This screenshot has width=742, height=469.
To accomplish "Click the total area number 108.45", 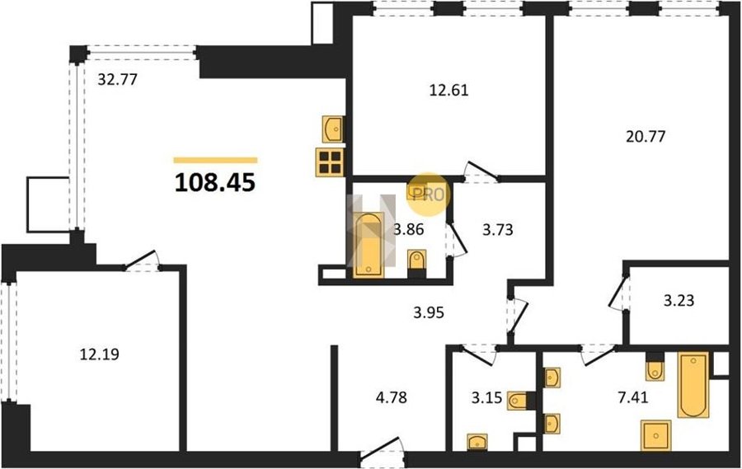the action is pyautogui.click(x=215, y=182).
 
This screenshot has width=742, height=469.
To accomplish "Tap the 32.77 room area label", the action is pyautogui.click(x=117, y=79).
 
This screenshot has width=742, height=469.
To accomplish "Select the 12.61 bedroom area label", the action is pyautogui.click(x=448, y=90).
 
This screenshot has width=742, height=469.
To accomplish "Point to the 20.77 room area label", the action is pyautogui.click(x=646, y=137).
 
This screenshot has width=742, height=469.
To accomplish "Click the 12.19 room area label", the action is pyautogui.click(x=100, y=354).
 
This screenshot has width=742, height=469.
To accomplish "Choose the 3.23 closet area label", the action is pyautogui.click(x=679, y=301).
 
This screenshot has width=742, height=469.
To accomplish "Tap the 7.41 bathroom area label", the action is pyautogui.click(x=632, y=397).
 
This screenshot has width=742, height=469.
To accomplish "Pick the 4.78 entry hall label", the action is pyautogui.click(x=392, y=397).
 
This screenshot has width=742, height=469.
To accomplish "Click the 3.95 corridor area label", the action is pyautogui.click(x=429, y=312).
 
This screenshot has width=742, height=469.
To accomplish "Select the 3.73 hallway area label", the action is pyautogui.click(x=498, y=230).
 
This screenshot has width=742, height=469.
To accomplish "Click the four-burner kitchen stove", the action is pyautogui.click(x=330, y=162).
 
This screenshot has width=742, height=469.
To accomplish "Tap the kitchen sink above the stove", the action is pyautogui.click(x=333, y=129).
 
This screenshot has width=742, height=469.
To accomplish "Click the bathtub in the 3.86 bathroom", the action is pyautogui.click(x=369, y=245).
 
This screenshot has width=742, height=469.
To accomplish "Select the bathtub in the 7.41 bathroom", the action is pyautogui.click(x=693, y=385).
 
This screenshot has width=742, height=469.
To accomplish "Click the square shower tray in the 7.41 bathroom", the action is pyautogui.click(x=656, y=435).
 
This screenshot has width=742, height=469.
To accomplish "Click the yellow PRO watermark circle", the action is pyautogui.click(x=429, y=195).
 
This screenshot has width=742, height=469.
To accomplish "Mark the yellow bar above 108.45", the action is pyautogui.click(x=215, y=160).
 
